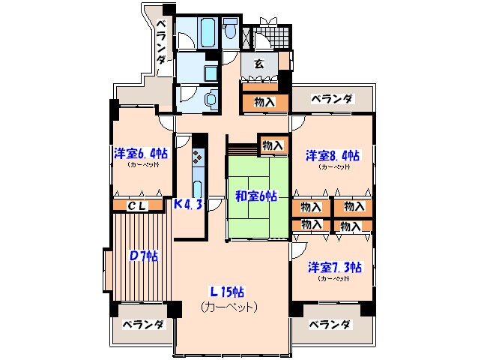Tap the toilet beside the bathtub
(x=232, y=31)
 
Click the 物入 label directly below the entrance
(x=264, y=101)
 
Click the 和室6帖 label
(x=257, y=196)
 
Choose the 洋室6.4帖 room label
(x=139, y=154)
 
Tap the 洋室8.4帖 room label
(x=330, y=157)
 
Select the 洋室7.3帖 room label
(x=334, y=267)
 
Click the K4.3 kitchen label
(x=188, y=204)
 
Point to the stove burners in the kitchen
(x=197, y=157)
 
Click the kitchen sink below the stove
(x=197, y=187)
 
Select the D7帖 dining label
(x=143, y=256)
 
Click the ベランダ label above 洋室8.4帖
(x=331, y=98)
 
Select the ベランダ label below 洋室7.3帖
(x=330, y=325)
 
